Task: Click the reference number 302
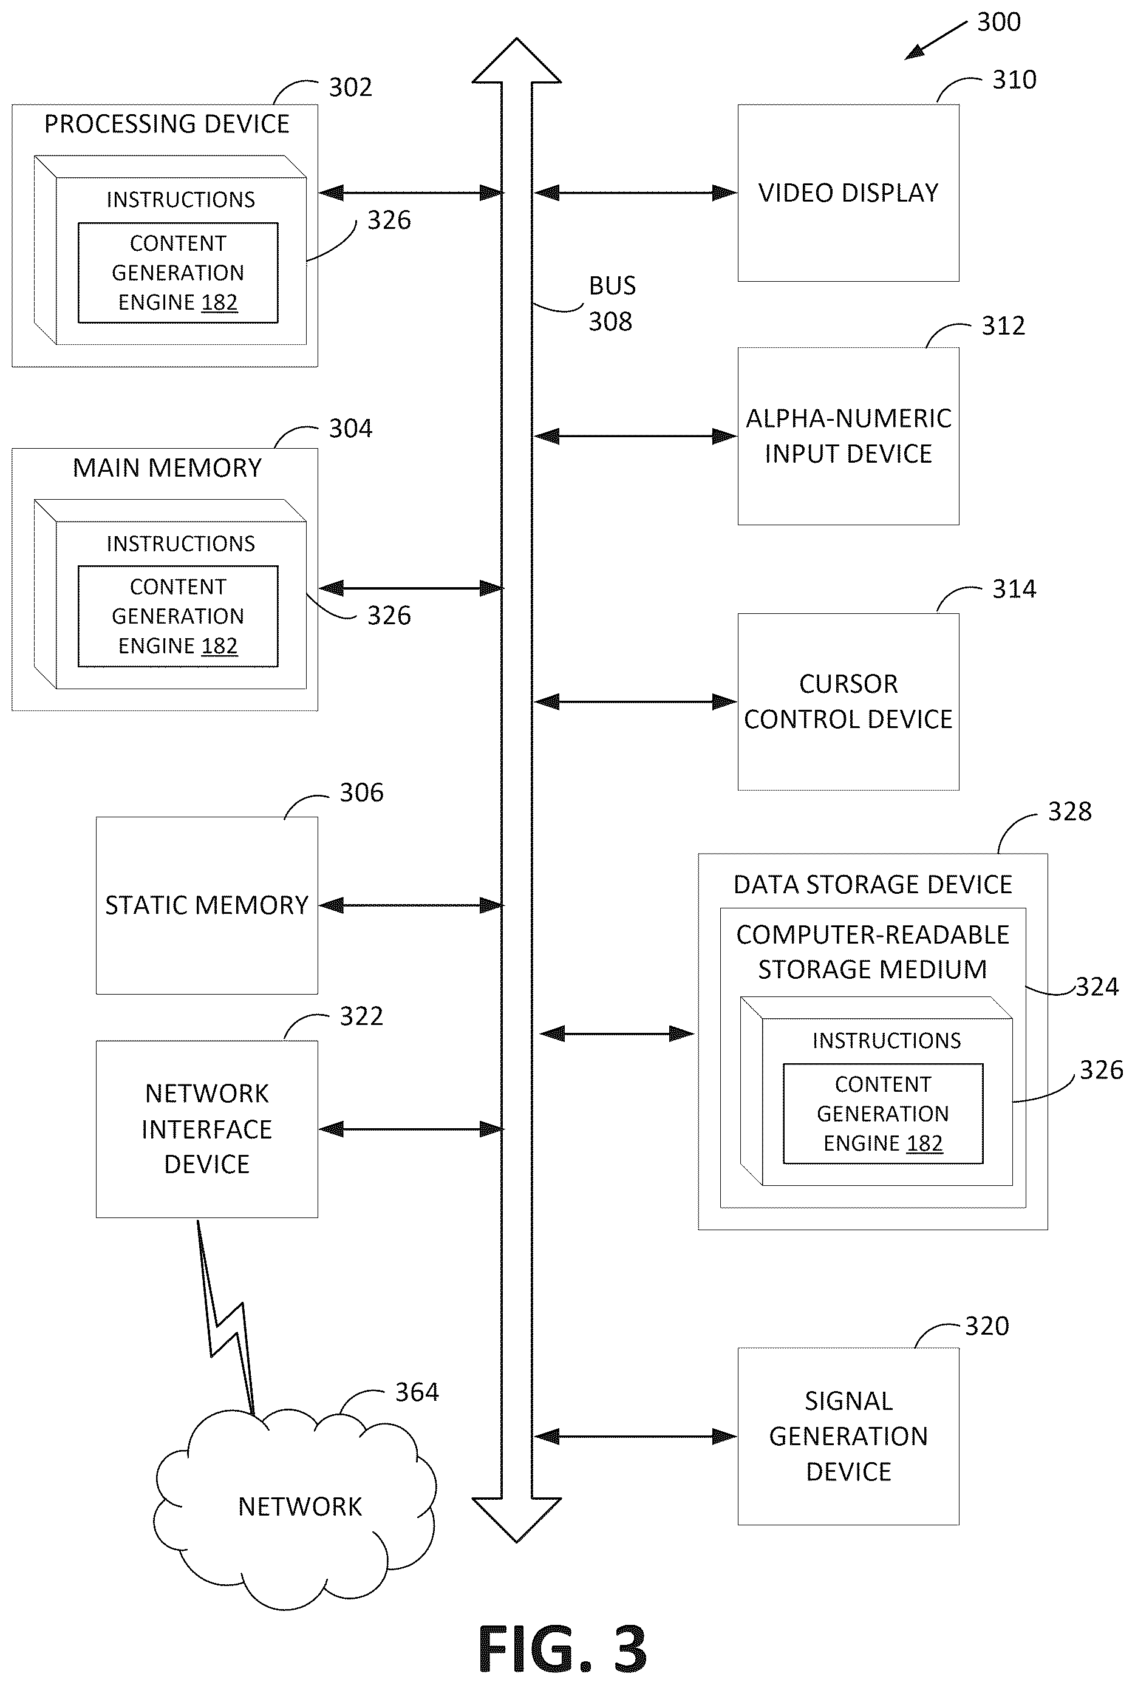pyautogui.click(x=350, y=87)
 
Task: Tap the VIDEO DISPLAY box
pyautogui.click(x=848, y=192)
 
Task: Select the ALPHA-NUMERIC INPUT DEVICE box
pyautogui.click(x=848, y=436)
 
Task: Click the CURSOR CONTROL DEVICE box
pyautogui.click(x=848, y=701)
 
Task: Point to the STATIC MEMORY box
pyautogui.click(x=207, y=905)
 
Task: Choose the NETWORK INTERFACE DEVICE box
pyautogui.click(x=207, y=1129)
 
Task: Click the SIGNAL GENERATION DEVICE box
pyautogui.click(x=848, y=1436)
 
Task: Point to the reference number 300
pyautogui.click(x=999, y=22)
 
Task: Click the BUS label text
pyautogui.click(x=612, y=286)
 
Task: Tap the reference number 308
pyautogui.click(x=610, y=321)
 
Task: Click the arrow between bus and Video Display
pyautogui.click(x=636, y=192)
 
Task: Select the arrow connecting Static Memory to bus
pyautogui.click(x=411, y=905)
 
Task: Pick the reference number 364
pyautogui.click(x=417, y=1392)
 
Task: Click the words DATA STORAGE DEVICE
pyautogui.click(x=873, y=885)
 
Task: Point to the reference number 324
pyautogui.click(x=1097, y=987)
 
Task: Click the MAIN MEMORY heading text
pyautogui.click(x=167, y=468)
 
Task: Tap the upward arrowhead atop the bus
pyautogui.click(x=517, y=61)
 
